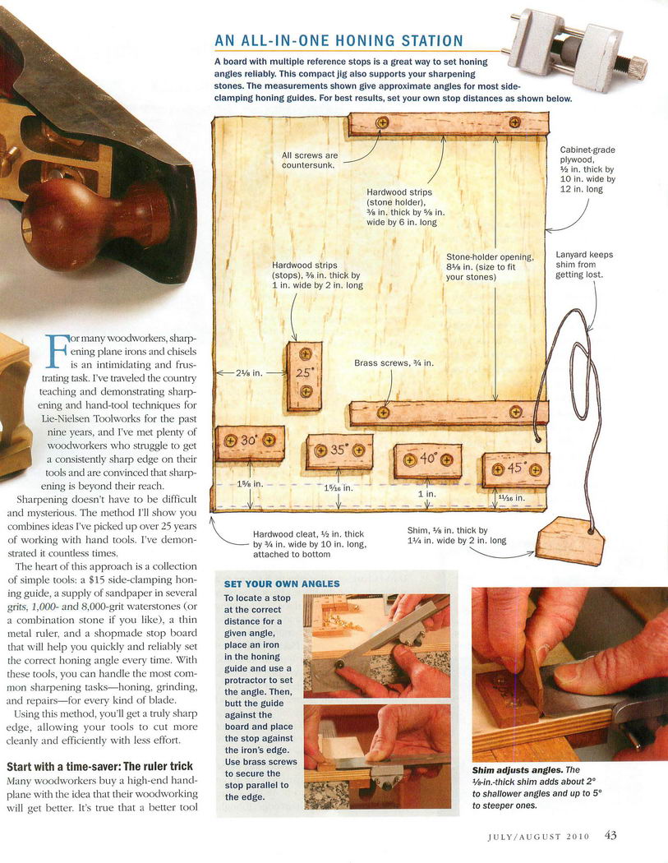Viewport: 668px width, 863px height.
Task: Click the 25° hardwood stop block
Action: (305, 376)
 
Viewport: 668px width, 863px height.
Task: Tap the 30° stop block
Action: (250, 442)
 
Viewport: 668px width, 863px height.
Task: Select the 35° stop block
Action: (339, 451)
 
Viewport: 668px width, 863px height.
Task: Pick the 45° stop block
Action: (515, 469)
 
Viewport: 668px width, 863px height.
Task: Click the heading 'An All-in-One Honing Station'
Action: (339, 41)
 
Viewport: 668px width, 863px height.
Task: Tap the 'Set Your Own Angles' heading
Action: (282, 584)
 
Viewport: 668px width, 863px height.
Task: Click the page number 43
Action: (610, 835)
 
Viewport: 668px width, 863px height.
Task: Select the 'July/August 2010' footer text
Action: (538, 837)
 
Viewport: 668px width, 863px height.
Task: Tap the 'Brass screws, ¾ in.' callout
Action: (394, 362)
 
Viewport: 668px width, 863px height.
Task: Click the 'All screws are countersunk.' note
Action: (309, 160)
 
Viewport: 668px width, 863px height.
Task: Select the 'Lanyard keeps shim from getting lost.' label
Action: (584, 265)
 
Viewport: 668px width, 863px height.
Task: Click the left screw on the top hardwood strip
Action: (382, 122)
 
